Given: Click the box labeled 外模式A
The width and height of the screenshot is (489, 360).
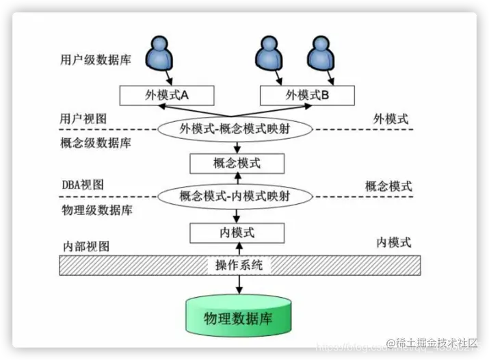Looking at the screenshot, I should click(x=167, y=95).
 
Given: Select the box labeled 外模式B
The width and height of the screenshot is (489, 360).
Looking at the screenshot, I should click(x=308, y=95).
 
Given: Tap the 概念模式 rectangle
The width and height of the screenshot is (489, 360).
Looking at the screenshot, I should click(x=237, y=164).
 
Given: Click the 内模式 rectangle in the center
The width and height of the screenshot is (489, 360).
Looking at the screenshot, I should click(x=237, y=233).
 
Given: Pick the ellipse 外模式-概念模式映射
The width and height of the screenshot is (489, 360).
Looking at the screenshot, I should click(x=236, y=129).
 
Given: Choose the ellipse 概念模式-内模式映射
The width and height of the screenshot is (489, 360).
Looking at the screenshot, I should click(x=236, y=196).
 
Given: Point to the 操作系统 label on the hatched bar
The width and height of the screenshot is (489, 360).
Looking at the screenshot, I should click(x=239, y=266).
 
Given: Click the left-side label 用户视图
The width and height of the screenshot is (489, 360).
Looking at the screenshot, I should click(x=79, y=118).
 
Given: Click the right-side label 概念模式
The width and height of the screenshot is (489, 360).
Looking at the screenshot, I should click(x=388, y=186).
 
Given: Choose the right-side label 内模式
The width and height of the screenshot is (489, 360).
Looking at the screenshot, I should click(x=393, y=242).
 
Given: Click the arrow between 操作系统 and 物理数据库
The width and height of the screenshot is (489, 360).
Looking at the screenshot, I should click(x=239, y=285).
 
